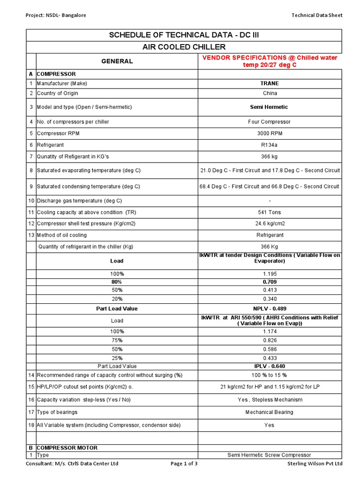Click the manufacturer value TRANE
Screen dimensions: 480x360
tap(270, 83)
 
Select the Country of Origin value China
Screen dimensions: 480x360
tap(270, 93)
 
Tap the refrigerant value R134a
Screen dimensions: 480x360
tap(270, 145)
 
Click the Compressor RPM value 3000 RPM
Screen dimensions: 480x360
tap(270, 134)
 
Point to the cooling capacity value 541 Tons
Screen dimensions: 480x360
tap(270, 212)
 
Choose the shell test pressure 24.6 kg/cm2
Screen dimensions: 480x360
tap(270, 224)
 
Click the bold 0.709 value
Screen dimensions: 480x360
tap(270, 282)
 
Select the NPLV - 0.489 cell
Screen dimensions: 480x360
tap(270, 309)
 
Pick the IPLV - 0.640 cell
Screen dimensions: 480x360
tap(270, 366)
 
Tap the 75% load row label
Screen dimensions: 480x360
tap(117, 340)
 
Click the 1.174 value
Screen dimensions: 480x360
tap(270, 331)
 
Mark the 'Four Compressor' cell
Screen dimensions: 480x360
tap(270, 122)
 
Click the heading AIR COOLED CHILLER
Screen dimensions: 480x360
tap(184, 47)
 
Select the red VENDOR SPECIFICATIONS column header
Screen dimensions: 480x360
tap(270, 61)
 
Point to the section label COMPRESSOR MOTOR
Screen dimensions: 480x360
tap(67, 448)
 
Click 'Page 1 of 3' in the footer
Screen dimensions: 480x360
tap(184, 464)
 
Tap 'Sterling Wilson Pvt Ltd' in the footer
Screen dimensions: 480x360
tap(315, 464)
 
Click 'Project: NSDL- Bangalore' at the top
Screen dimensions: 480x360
tap(56, 15)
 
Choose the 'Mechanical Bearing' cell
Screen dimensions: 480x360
tap(270, 412)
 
